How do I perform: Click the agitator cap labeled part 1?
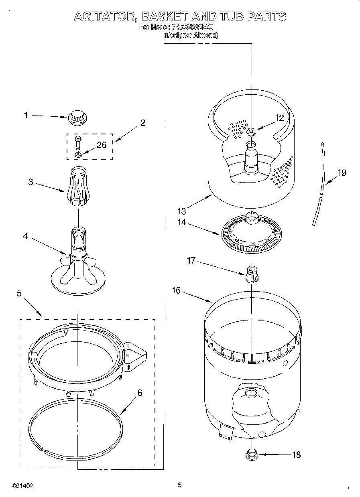(78, 118)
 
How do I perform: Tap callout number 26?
(102, 145)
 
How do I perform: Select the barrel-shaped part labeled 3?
(79, 187)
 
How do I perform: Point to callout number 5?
(19, 293)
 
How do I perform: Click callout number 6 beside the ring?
(140, 393)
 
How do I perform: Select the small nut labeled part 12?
(252, 131)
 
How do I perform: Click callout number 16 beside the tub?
(177, 290)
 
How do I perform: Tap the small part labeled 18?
(251, 454)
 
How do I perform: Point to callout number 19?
(341, 173)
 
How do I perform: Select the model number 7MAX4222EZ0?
(192, 27)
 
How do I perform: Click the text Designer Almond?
(191, 35)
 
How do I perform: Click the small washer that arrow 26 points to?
(78, 154)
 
